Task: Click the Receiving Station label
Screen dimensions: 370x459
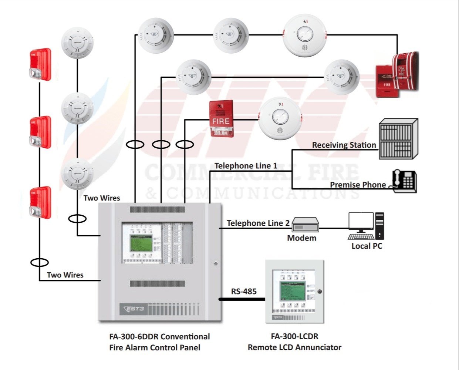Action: coord(344,145)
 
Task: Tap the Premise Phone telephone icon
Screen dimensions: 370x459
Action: coord(404,181)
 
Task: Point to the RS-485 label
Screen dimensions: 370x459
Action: coord(244,292)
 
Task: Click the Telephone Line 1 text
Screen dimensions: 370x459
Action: coord(246,166)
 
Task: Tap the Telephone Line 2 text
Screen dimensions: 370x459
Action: coord(258,223)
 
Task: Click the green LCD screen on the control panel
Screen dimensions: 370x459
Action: coord(141,243)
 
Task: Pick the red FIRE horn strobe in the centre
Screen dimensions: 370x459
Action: coord(221,118)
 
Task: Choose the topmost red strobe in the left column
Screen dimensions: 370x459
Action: coord(40,64)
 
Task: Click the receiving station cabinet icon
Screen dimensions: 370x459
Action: coord(398,139)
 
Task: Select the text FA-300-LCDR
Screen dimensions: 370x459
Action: coord(294,336)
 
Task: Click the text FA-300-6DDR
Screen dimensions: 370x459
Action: coord(134,337)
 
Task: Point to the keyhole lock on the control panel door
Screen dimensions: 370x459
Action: coord(216,263)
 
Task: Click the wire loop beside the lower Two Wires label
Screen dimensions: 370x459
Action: coord(39,263)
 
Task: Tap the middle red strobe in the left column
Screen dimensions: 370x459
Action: coord(40,132)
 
